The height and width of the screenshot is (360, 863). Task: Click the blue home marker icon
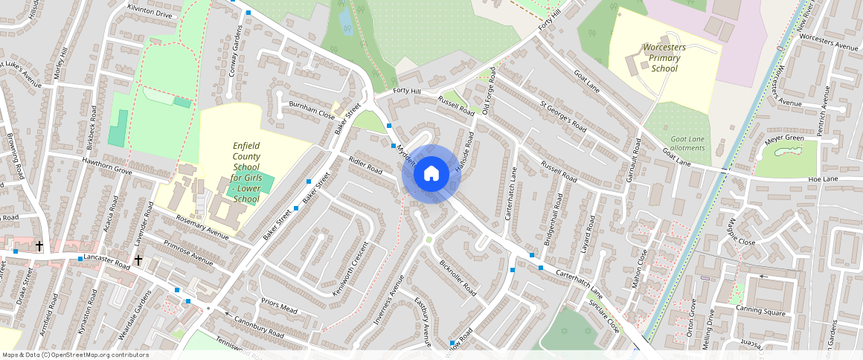coord(431,174)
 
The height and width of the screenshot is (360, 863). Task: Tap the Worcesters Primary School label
coord(665,58)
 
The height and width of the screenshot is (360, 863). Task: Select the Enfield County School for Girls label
coord(246,173)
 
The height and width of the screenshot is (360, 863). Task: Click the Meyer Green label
coord(783,138)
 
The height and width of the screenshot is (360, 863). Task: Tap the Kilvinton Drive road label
coord(150,14)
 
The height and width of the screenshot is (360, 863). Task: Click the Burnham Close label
coord(312,110)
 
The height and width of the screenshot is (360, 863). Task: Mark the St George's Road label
coord(564,118)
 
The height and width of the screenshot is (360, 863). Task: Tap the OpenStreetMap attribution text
coord(74,355)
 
